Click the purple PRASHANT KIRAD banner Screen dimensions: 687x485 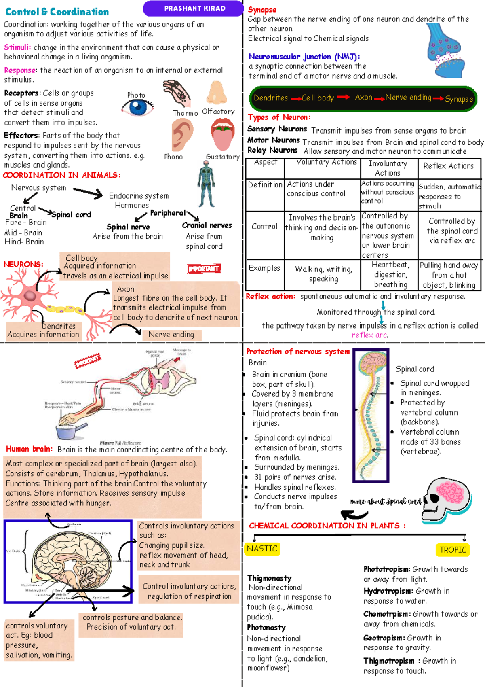[x=194, y=8]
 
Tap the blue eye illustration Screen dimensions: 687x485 [x=138, y=107]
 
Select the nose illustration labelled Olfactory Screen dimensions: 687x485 [x=217, y=93]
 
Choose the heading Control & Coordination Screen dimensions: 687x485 [x=57, y=12]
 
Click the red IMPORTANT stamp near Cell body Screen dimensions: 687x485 [x=204, y=269]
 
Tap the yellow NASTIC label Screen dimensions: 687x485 [x=262, y=549]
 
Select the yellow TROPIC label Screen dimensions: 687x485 [x=453, y=549]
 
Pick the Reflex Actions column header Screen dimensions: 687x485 [x=448, y=166]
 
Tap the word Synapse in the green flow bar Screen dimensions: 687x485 [x=459, y=99]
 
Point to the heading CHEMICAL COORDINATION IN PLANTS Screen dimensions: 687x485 [x=327, y=526]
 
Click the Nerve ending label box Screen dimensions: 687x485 [x=171, y=335]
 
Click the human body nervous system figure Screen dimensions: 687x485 [x=206, y=184]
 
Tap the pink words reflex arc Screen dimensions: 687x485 [x=369, y=335]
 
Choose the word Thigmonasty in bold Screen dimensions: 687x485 [x=269, y=578]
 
